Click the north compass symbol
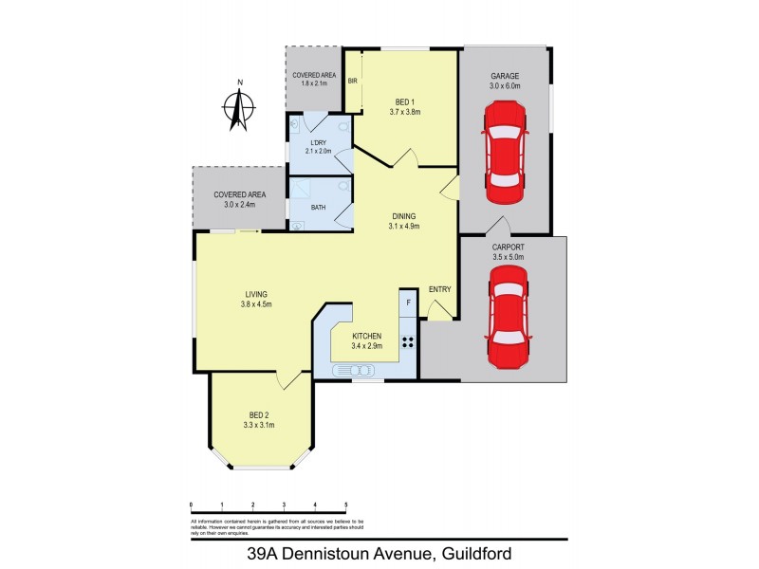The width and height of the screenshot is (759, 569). click(240, 107)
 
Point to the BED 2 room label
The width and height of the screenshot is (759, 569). click(261, 414)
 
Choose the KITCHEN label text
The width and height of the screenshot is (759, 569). click(366, 336)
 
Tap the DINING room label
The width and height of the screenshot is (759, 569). click(403, 215)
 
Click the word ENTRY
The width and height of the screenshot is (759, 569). click(439, 289)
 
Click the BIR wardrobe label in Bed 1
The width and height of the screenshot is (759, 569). click(352, 82)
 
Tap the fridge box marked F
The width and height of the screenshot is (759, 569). click(408, 302)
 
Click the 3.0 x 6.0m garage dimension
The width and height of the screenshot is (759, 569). click(504, 85)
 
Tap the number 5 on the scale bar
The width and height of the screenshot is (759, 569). click(345, 504)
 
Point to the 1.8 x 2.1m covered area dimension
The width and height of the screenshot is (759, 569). click(314, 83)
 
